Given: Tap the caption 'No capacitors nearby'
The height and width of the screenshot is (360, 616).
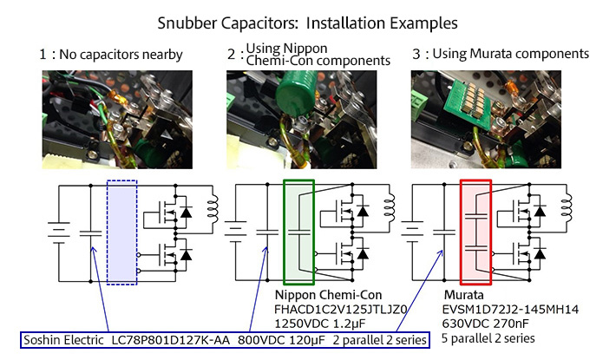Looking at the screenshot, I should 115,55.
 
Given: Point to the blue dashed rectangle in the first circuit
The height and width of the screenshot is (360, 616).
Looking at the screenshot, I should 121,231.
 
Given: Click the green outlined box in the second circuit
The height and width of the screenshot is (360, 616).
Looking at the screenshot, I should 300,231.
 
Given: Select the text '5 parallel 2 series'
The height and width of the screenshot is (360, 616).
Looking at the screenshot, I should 488,337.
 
